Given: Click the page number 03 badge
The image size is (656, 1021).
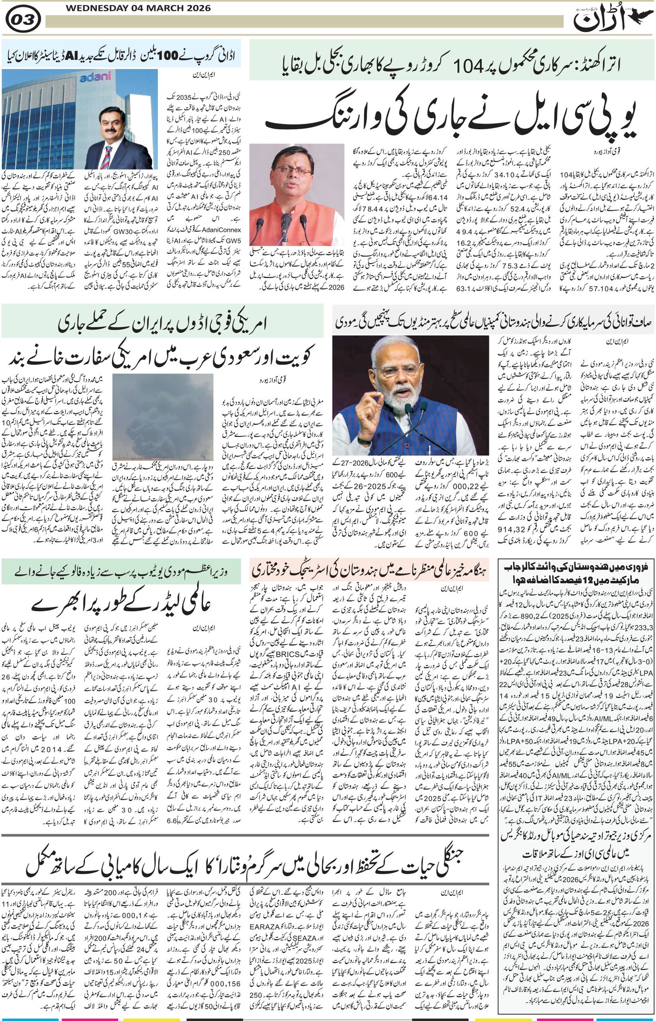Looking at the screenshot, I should pos(24,19).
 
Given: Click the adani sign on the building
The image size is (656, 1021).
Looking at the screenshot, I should pos(95,77).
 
